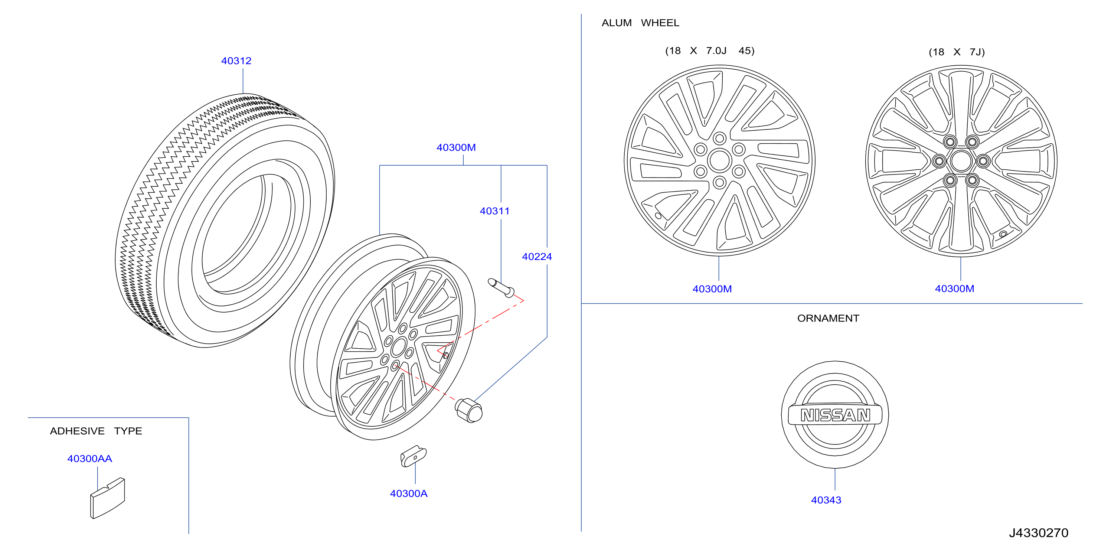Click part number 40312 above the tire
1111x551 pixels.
pyautogui.click(x=236, y=61)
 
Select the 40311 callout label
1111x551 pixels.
pyautogui.click(x=495, y=211)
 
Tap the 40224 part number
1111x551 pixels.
pyautogui.click(x=537, y=257)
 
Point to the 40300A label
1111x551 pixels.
pyautogui.click(x=409, y=493)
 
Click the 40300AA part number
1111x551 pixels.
pyautogui.click(x=90, y=459)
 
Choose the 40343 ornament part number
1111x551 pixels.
pyautogui.click(x=826, y=500)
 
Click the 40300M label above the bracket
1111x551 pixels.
pyautogui.click(x=456, y=147)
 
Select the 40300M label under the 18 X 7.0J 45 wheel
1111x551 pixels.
pyautogui.click(x=712, y=289)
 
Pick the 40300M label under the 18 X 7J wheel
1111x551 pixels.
pyautogui.click(x=954, y=288)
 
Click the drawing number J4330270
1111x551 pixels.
pyautogui.click(x=1039, y=533)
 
